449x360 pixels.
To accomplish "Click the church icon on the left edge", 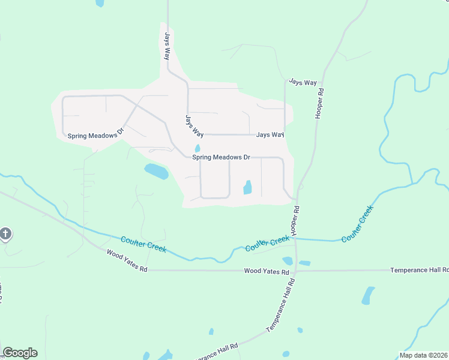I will click(5, 233).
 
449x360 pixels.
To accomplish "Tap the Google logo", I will click(20, 353).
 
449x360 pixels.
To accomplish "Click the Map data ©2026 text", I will click(423, 355).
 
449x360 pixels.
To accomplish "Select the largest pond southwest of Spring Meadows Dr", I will click(156, 172).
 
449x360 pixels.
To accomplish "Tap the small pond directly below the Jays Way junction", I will click(197, 148).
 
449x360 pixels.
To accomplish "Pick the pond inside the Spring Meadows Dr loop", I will click(247, 188).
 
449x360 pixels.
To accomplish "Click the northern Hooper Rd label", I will click(321, 103).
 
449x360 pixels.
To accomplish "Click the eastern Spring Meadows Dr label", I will click(221, 157).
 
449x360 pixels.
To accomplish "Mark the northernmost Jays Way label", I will click(165, 46).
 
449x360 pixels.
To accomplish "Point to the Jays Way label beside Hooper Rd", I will click(303, 82).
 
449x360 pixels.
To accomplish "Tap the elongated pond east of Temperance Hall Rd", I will click(367, 295).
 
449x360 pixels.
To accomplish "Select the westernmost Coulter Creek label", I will click(143, 244).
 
